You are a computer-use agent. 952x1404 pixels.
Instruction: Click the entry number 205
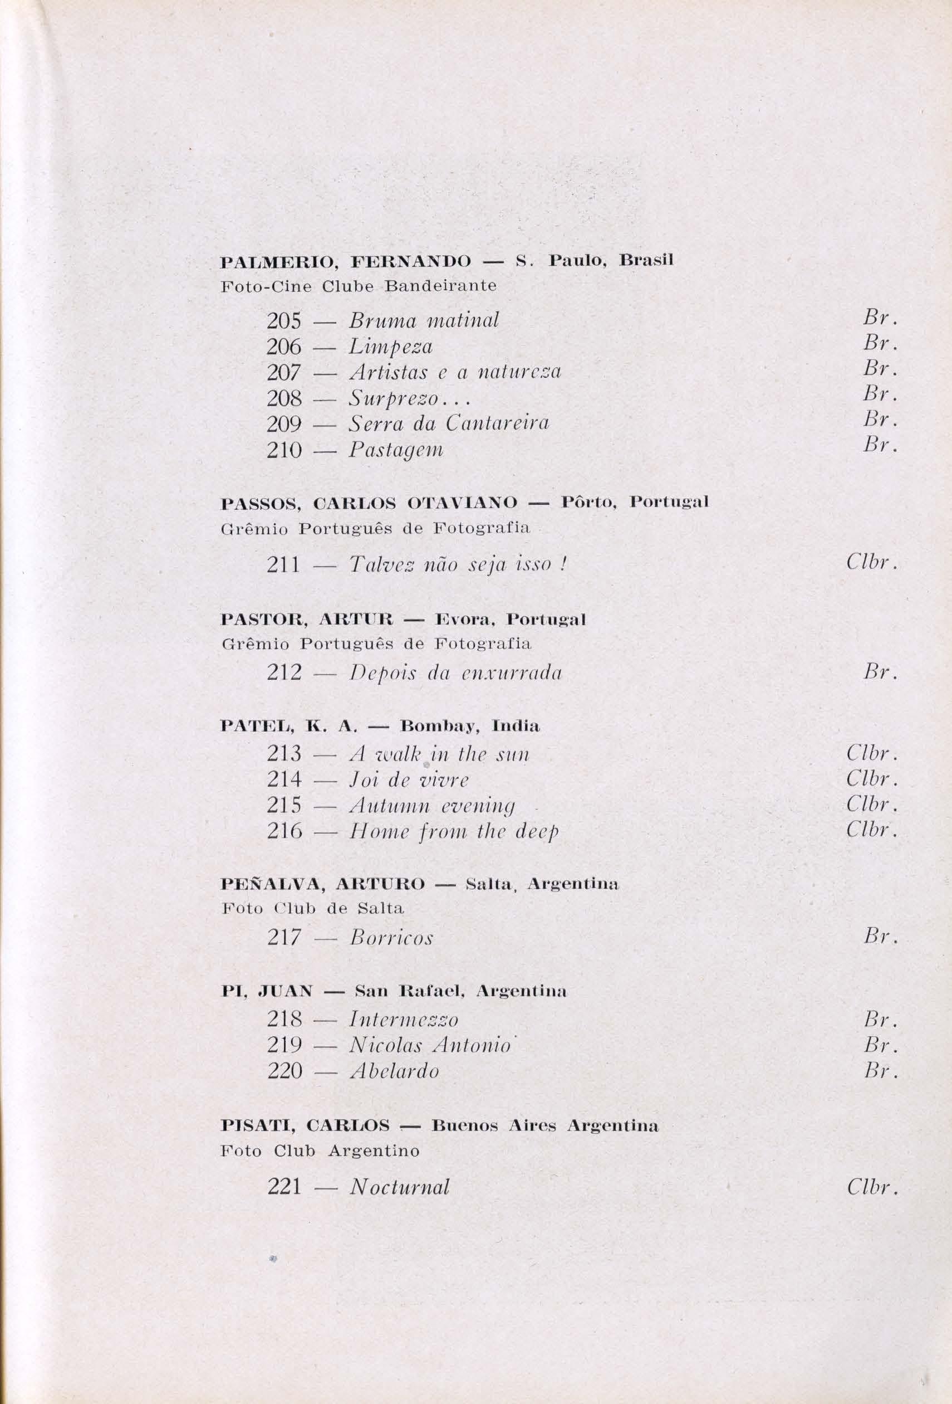click(284, 321)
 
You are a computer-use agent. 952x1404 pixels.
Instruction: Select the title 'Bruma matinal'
click(424, 321)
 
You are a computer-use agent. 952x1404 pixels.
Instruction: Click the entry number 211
click(283, 565)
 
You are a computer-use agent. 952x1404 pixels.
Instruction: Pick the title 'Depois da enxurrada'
click(456, 673)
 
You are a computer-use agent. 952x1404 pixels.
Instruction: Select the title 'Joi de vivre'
click(409, 780)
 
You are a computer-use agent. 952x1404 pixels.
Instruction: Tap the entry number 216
click(284, 831)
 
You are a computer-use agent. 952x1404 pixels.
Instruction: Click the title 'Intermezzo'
click(404, 1020)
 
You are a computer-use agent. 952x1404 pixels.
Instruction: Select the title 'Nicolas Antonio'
click(430, 1045)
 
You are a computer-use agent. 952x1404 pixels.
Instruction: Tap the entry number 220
click(284, 1072)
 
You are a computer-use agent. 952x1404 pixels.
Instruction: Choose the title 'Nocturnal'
click(400, 1187)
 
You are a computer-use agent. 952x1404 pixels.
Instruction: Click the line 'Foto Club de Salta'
click(313, 908)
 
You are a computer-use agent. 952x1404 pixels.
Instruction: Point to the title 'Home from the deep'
click(454, 832)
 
